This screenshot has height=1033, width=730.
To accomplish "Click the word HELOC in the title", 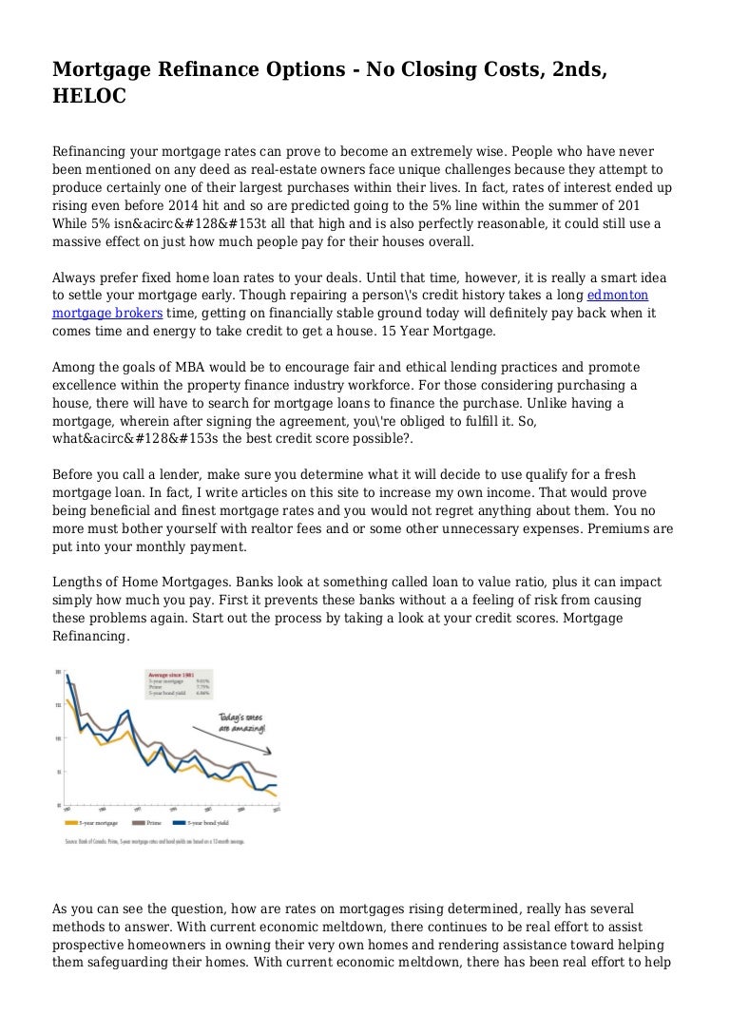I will [85, 97].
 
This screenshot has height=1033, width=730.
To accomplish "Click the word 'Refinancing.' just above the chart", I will [90, 638].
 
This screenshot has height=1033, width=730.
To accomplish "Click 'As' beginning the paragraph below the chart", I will [61, 909].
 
